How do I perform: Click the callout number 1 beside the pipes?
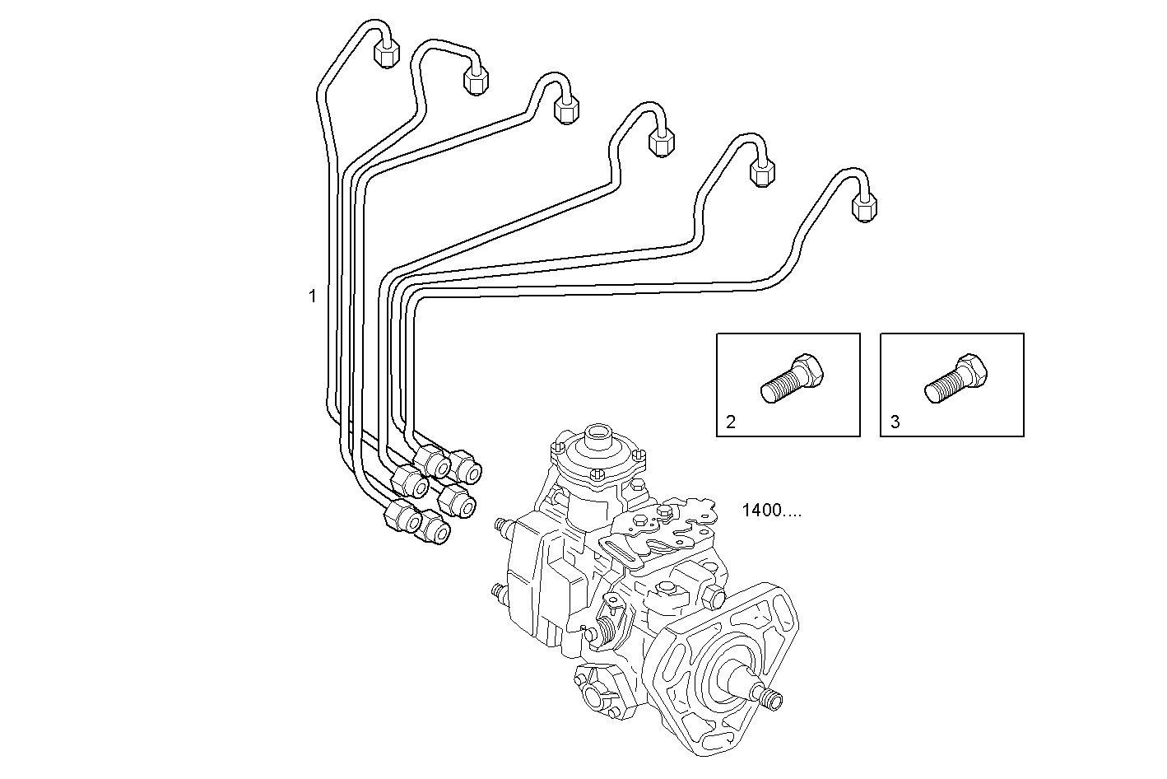click(312, 296)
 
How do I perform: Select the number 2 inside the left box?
click(730, 422)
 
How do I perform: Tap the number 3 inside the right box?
click(895, 422)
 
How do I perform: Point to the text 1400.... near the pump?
click(771, 510)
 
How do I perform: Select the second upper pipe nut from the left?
click(476, 80)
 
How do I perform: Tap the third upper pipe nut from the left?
click(566, 110)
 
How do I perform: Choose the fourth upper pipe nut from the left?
click(661, 142)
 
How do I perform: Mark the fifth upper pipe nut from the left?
click(763, 172)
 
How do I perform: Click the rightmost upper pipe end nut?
click(863, 206)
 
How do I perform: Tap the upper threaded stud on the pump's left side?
click(499, 524)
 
